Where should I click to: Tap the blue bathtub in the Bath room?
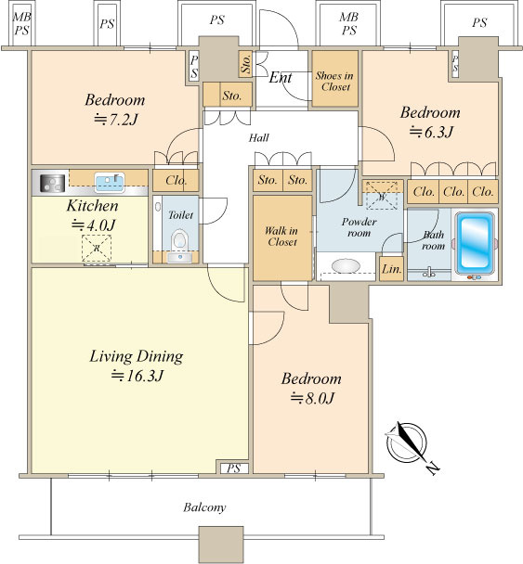[x=475, y=244]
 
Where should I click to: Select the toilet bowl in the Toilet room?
[x=179, y=240]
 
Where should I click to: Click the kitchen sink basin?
[x=110, y=182]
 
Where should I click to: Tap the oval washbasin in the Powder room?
[x=346, y=266]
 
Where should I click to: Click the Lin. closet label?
[x=391, y=269]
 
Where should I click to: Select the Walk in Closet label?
[x=282, y=237]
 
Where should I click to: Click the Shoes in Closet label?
[x=334, y=82]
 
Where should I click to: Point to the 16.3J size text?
[x=137, y=376]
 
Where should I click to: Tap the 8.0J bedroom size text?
[x=312, y=398]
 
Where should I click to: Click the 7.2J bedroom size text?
[x=115, y=120]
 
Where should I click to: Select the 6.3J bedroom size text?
[x=431, y=133]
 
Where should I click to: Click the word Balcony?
[x=204, y=507]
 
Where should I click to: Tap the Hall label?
[x=258, y=137]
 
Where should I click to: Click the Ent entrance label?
[x=281, y=77]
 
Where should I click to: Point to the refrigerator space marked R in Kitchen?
[x=97, y=249]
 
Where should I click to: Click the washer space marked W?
[x=382, y=196]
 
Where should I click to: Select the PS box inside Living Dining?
[x=233, y=468]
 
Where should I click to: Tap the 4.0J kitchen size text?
[x=93, y=225]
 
